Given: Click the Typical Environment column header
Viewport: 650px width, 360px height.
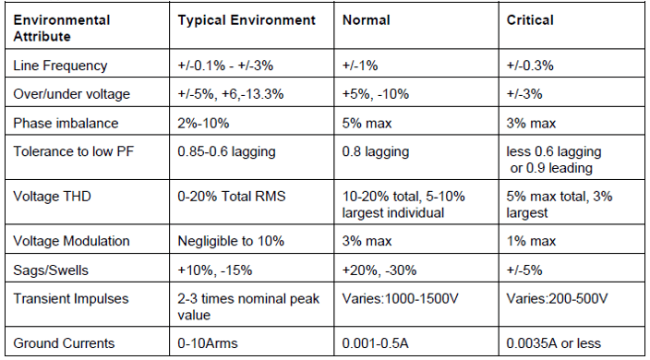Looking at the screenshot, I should (246, 19).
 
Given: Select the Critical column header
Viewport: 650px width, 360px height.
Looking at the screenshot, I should (529, 19).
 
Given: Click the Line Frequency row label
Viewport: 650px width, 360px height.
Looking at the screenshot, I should (60, 66).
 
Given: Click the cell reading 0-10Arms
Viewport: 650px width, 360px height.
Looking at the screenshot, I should (209, 343).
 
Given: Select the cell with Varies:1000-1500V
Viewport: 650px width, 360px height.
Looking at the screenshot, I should (399, 298).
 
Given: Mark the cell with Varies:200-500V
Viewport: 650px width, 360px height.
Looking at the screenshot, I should (557, 298).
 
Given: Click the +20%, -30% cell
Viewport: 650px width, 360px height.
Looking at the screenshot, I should (378, 270).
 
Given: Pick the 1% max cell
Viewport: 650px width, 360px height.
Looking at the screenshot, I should (531, 241).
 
